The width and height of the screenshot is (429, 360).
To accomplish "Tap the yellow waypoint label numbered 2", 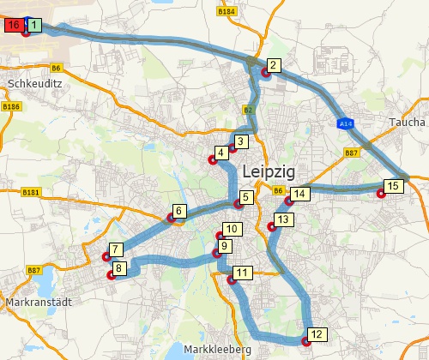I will [x=272, y=65].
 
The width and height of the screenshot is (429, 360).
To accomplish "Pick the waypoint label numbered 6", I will [x=178, y=211].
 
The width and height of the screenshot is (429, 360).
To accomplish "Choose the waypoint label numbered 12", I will [x=316, y=334].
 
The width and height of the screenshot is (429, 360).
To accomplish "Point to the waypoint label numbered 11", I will [x=243, y=273].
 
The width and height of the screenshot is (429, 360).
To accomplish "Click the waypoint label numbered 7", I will [x=116, y=249].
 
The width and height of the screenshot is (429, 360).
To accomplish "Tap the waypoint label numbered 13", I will [x=285, y=219].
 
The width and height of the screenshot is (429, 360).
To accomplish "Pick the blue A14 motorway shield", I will [x=343, y=124].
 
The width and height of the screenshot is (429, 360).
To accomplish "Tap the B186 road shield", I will [x=10, y=106].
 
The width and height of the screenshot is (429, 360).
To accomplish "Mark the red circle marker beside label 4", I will [x=212, y=159].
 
